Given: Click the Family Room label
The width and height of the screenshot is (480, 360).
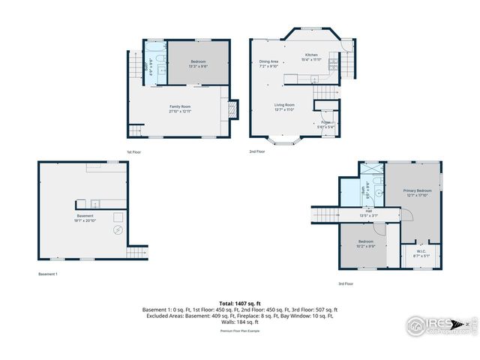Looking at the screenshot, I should point(180,109).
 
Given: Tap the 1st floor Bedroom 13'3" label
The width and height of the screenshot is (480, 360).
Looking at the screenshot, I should point(198,64).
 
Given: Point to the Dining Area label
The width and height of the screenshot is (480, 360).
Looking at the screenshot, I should point(268,64).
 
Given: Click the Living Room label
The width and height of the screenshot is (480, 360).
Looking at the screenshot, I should point(283,107).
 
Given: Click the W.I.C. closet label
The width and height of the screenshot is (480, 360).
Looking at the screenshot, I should point(421,253).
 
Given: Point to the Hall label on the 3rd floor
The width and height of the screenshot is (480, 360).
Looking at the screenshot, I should point(369,213).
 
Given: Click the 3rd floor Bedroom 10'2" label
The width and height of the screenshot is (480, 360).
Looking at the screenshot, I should point(366,244).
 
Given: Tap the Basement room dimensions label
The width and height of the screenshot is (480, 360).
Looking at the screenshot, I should point(85,218).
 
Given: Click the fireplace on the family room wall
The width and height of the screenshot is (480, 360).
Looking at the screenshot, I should point(233,109).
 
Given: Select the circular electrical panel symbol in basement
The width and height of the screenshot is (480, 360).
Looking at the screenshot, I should point(117,231).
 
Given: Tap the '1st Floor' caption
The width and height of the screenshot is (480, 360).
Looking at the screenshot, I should point(134,152).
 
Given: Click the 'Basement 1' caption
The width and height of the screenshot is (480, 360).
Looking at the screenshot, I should point(48,274).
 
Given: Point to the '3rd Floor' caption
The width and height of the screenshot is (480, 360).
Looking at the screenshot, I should point(345,284).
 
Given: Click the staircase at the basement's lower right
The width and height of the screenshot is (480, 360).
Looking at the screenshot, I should point(136,253).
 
